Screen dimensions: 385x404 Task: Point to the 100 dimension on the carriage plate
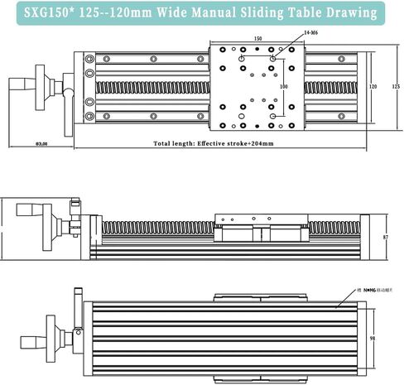pyautogui.click(x=283, y=86)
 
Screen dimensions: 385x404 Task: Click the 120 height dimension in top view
pyautogui.click(x=373, y=86)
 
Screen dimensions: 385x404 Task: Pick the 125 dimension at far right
pyautogui.click(x=395, y=86)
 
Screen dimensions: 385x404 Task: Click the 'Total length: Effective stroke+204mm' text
pyautogui.click(x=214, y=143)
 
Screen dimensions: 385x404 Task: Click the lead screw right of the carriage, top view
pyautogui.click(x=331, y=85)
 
